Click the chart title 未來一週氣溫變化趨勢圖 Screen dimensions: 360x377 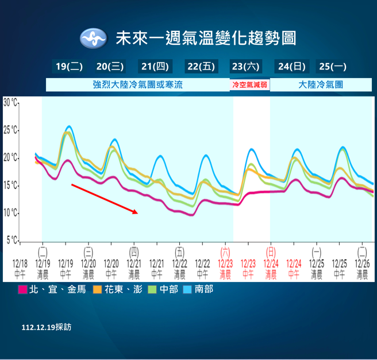pyautogui.click(x=206, y=38)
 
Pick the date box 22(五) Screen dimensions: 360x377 pyautogui.click(x=201, y=67)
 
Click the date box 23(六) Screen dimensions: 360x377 pyautogui.click(x=245, y=67)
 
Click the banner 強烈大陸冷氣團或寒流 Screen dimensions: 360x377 pyautogui.click(x=137, y=84)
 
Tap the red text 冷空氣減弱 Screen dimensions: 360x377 pyautogui.click(x=249, y=85)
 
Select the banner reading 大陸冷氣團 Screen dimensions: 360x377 pyautogui.click(x=321, y=84)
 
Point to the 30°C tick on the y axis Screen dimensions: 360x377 pyautogui.click(x=11, y=103)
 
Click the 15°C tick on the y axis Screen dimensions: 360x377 pyautogui.click(x=11, y=185)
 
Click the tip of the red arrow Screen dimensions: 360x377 pyautogui.click(x=138, y=213)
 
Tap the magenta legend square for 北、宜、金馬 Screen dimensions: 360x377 pyautogui.click(x=23, y=289)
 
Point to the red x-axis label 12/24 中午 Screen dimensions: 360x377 pyautogui.click(x=294, y=268)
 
